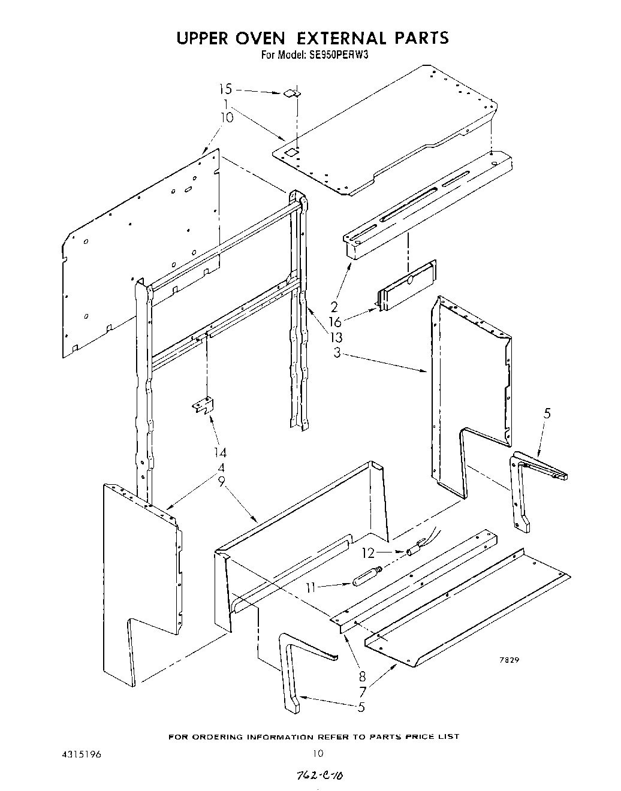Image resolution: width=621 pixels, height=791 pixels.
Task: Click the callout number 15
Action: [x=225, y=89]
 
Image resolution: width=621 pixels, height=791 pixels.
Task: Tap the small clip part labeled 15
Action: [x=291, y=93]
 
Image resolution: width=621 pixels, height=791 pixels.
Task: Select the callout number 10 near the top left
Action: [x=227, y=117]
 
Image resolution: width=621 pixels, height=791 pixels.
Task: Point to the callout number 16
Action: [x=334, y=322]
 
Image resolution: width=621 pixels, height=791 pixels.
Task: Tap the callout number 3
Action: [x=337, y=353]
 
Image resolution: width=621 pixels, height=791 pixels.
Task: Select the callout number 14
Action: [x=221, y=452]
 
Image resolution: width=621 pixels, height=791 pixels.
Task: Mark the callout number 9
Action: [x=221, y=481]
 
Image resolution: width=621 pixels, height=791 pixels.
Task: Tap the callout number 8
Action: [x=361, y=676]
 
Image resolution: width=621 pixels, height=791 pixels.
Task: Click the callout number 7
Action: [x=361, y=692]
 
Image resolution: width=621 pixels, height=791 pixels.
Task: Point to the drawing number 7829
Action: [x=510, y=660]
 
